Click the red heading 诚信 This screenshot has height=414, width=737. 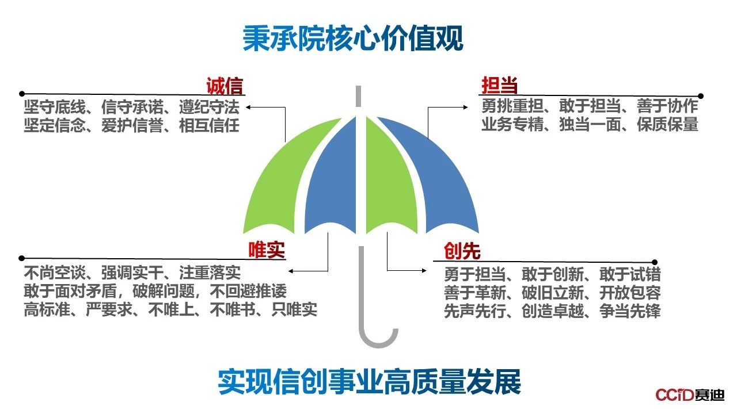tap(225, 86)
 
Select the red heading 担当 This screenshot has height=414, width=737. tap(499, 85)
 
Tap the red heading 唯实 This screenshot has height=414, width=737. tap(267, 250)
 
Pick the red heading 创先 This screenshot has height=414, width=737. tap(462, 251)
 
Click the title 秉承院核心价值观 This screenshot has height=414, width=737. tap(353, 39)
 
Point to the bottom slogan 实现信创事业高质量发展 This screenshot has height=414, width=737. tap(370, 381)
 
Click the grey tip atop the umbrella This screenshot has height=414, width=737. tap(359, 96)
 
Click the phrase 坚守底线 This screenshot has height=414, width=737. tap(55, 107)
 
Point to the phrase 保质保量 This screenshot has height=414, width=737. tap(667, 124)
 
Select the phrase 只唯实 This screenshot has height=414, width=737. tap(294, 309)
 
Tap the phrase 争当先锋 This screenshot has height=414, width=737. tap(630, 311)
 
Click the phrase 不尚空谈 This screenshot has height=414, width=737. tap(55, 273)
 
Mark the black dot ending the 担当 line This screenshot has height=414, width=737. tap(701, 96)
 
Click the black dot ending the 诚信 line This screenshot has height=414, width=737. tap(22, 94)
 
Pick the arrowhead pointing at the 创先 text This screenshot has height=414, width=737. tap(424, 270)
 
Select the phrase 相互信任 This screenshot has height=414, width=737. tap(209, 125)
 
